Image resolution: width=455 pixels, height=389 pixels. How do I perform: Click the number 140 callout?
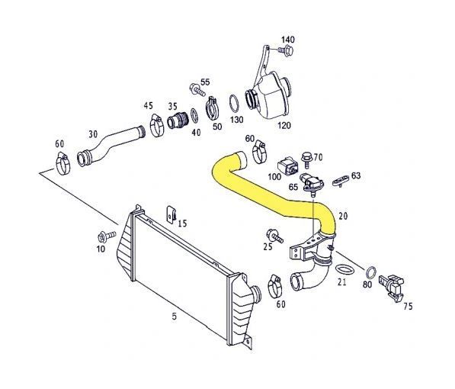[x=287, y=39]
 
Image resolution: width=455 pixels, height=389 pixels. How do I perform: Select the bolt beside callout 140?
[x=286, y=51]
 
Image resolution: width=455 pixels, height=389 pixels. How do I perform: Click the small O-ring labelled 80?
[x=370, y=272]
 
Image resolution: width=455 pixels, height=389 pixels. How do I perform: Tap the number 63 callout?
[x=356, y=175]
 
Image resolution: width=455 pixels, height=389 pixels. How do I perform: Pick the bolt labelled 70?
[x=306, y=159]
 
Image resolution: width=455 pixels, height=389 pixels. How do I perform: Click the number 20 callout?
[x=342, y=216]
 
